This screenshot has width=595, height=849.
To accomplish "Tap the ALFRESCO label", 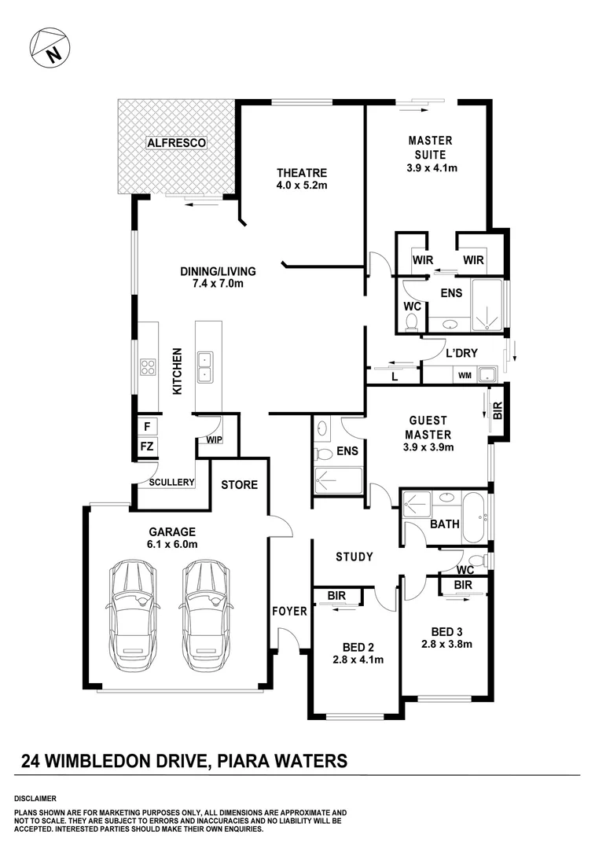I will (x=176, y=143).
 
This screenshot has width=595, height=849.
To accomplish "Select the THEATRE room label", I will (x=301, y=173).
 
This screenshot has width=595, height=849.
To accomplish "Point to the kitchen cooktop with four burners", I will (x=148, y=367).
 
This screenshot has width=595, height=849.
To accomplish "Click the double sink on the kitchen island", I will (x=205, y=366).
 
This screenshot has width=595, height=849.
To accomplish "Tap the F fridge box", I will (x=146, y=426).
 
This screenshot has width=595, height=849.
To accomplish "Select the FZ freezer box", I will (x=146, y=447).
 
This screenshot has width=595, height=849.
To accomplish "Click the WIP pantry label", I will (x=214, y=439).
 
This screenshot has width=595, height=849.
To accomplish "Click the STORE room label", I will (x=239, y=485).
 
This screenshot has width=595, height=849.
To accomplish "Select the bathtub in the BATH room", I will (x=474, y=517).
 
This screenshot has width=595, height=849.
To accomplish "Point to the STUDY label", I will (x=354, y=557).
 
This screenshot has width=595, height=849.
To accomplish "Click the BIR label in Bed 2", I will (x=336, y=597).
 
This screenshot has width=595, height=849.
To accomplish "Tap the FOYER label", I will (x=288, y=611).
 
